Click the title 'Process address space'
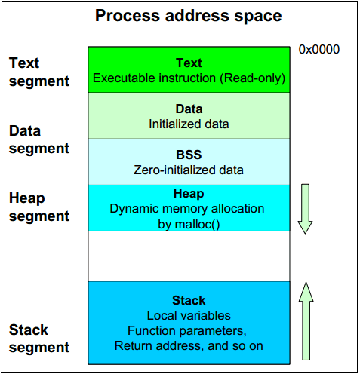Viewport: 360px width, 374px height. tap(188, 16)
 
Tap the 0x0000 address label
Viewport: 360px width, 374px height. tap(319, 49)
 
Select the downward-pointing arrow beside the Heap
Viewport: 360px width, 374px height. tap(305, 209)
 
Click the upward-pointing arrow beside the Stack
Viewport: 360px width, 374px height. tap(306, 320)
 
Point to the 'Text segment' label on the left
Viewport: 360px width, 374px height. tap(39, 72)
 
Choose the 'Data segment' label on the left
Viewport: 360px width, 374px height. tap(39, 139)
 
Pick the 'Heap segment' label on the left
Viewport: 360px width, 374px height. tap(39, 207)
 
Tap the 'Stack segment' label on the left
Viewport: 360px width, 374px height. tap(39, 339)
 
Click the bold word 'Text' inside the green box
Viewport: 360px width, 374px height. tap(189, 63)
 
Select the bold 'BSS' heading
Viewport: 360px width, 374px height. tap(189, 155)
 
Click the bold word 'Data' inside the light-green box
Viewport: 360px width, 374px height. tap(189, 109)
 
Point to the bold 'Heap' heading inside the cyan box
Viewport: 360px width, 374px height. tap(189, 194)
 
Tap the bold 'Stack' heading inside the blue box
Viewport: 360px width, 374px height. tap(189, 300)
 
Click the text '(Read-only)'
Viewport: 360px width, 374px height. tap(253, 78)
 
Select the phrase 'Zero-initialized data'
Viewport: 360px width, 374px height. tap(189, 170)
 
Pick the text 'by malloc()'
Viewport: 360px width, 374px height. tap(189, 225)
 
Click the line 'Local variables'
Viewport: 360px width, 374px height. tap(189, 316)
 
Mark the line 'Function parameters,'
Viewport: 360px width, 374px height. tap(187, 331)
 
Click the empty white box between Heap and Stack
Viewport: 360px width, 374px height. tap(189, 256)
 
